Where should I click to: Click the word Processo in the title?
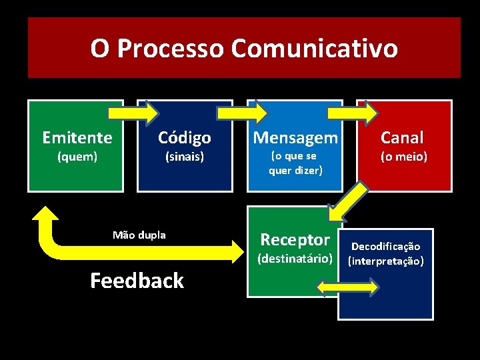coord(170,48)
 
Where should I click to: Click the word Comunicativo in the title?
coord(315,48)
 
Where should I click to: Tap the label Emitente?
coord(77,137)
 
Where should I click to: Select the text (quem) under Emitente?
coord(77,157)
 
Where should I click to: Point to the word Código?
coord(185,137)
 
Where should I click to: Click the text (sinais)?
coord(185,157)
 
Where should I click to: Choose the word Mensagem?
coord(295,137)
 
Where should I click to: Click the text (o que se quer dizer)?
coord(295,163)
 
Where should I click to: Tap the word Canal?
coord(402,137)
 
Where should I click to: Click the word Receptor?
coord(295,239)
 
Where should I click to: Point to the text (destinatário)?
coord(295,258)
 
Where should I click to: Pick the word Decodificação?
coord(385,247)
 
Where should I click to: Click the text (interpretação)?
coord(385,261)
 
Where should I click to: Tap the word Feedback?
coord(137,281)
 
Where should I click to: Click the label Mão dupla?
coord(139,235)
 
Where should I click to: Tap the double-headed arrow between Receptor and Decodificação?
coord(347,287)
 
